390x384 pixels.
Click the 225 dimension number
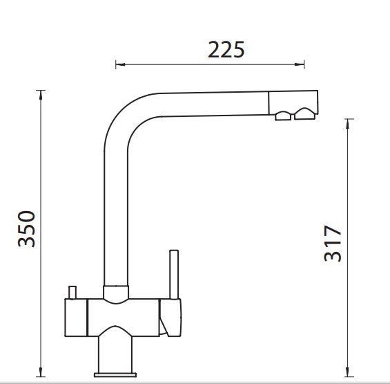coord(226,50)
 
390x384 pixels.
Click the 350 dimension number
coord(26,228)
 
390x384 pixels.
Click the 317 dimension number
coord(333,243)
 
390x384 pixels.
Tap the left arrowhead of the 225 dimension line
coord(120,64)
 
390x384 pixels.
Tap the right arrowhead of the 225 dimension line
coord(300,64)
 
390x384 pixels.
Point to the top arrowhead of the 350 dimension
coord(41,95)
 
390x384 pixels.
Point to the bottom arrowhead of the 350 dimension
coord(41,372)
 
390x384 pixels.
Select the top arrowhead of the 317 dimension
coord(348,124)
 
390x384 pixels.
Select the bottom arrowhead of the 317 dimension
coord(348,372)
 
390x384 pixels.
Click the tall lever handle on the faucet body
coord(174,274)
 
